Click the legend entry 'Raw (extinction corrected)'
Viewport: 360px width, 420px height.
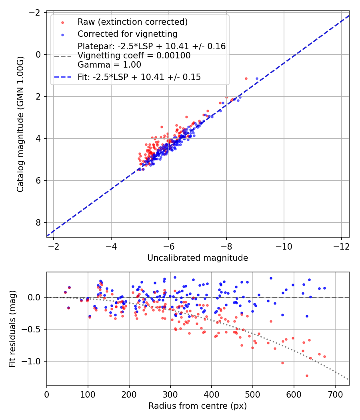point(132,22)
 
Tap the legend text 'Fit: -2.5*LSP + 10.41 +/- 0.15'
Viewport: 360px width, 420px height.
point(139,77)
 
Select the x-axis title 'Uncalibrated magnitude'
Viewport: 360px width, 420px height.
point(198,258)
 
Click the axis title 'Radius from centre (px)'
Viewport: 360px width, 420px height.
point(198,406)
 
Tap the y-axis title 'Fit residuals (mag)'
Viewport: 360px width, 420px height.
point(12,328)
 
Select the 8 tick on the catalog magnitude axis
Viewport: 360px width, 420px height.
point(39,222)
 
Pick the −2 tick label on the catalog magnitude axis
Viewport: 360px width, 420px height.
point(35,12)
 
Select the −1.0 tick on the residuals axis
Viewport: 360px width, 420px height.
point(33,361)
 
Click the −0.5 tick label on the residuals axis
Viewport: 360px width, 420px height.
point(33,329)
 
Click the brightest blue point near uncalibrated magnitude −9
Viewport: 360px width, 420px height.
point(257,78)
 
